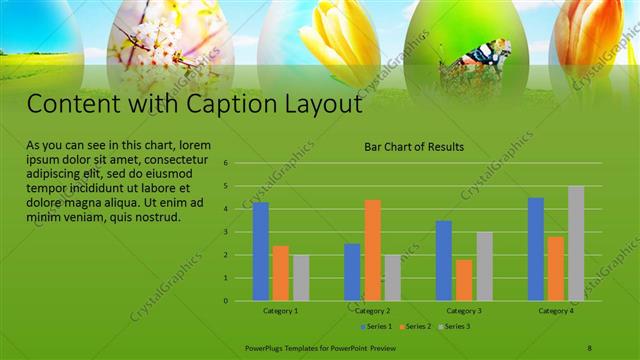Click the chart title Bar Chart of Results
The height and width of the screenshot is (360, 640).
point(414,147)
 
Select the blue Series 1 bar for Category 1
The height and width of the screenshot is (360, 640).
point(261,251)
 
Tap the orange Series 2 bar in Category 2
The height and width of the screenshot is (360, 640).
point(372,250)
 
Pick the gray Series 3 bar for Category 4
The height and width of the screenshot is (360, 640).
point(576,243)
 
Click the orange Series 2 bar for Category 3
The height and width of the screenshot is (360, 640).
point(464,280)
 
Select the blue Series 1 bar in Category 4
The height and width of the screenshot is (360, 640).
point(536,249)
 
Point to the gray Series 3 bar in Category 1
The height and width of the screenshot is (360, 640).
point(301,277)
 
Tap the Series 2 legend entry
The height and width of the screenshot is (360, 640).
point(414,326)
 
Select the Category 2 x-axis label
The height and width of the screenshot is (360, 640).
point(371,311)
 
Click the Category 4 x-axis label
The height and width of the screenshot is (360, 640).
point(556,311)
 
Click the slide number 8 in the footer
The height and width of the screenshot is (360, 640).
point(590,347)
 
